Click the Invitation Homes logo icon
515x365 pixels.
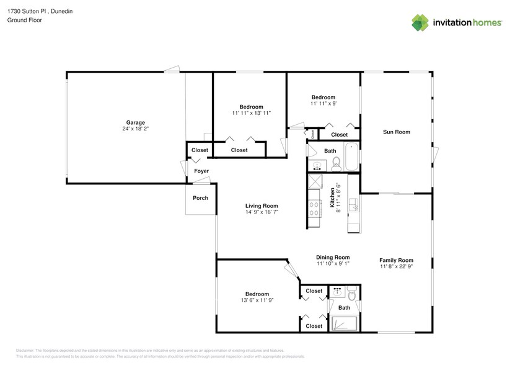(x=421, y=22)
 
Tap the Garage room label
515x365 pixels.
(x=136, y=122)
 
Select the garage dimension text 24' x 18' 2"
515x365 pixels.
(x=136, y=130)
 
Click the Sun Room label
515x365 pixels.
(x=396, y=132)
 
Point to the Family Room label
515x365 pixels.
(x=396, y=260)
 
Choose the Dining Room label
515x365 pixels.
(x=333, y=257)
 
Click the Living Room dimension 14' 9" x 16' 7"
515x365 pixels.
(x=261, y=212)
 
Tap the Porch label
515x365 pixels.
(x=200, y=198)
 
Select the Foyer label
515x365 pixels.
(x=201, y=171)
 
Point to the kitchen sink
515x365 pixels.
(x=353, y=204)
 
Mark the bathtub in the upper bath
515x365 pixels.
(x=351, y=157)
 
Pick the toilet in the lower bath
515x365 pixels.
(x=351, y=291)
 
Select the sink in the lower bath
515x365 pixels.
(x=338, y=290)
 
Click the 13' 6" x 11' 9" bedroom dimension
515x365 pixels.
(x=257, y=300)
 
